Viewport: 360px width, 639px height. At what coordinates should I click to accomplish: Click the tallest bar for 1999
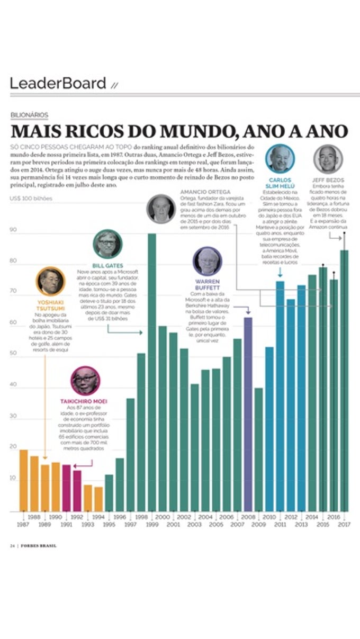click(x=151, y=371)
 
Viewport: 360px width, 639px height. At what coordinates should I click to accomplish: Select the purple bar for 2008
click(x=248, y=413)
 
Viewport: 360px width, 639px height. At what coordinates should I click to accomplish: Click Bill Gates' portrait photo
click(x=107, y=244)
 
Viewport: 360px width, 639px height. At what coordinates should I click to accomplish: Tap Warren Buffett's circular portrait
click(x=207, y=260)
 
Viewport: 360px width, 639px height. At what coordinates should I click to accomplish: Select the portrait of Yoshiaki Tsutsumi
click(x=50, y=281)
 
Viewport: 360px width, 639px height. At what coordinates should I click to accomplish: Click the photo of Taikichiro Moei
click(x=85, y=380)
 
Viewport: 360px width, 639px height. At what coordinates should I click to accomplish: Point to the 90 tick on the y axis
click(x=13, y=230)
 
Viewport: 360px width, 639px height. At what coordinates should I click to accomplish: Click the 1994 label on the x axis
click(x=98, y=517)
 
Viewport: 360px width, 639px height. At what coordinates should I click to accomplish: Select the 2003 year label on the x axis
click(x=194, y=524)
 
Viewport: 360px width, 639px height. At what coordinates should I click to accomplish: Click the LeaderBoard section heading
click(x=58, y=83)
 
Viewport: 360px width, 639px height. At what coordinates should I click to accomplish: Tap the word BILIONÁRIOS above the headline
click(x=29, y=115)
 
